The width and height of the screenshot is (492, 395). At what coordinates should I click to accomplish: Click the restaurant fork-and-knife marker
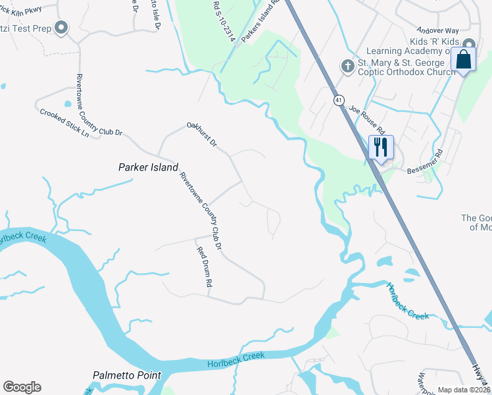pos(380,148)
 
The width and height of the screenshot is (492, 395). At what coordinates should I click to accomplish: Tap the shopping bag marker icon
pos(464,60)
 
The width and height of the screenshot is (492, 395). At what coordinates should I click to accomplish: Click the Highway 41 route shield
pos(339,100)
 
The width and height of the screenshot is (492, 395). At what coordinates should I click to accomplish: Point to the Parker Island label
pos(148,167)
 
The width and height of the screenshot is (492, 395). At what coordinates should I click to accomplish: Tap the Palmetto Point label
pos(126,375)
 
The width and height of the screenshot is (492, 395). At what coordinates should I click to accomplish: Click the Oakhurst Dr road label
pos(202,134)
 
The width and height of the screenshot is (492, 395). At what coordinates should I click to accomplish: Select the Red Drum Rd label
pos(205,266)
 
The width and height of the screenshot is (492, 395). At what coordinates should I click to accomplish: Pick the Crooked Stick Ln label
pos(64,122)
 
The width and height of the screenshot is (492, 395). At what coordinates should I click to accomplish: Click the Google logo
pos(22,387)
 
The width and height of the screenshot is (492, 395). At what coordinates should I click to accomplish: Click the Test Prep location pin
pos(62,28)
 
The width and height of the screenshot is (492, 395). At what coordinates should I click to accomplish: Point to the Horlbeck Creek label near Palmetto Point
pos(236,359)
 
